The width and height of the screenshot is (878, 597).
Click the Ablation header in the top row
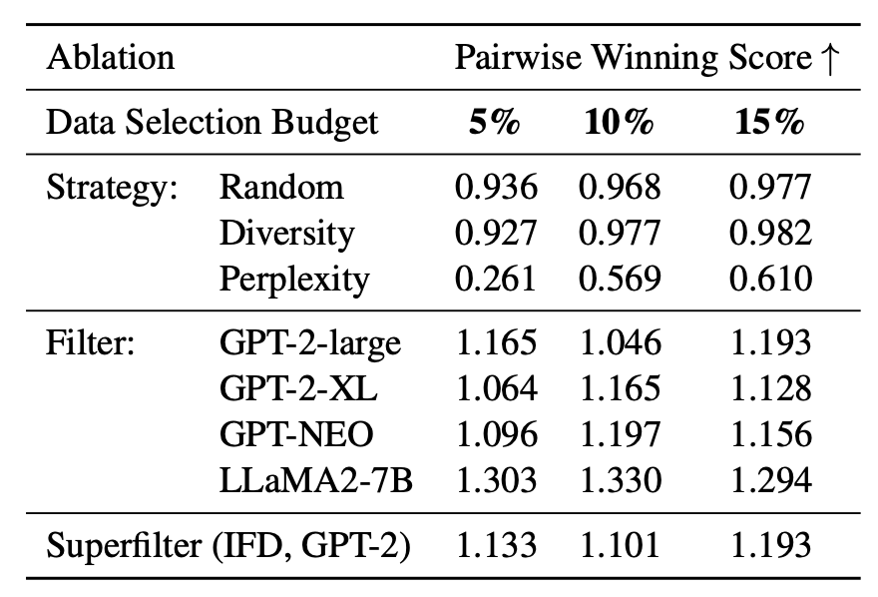coord(110,58)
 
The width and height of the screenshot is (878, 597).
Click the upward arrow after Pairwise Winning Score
coord(828,58)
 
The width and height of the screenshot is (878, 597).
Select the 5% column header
coord(496,123)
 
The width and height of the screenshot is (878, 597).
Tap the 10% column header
coord(619,123)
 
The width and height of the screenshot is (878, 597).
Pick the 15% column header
coord(769,123)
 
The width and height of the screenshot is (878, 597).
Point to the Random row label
coord(281,187)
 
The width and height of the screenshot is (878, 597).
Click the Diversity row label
coord(286,233)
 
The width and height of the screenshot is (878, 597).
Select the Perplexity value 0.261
coord(496,280)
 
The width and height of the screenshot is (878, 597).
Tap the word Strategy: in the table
coord(112,187)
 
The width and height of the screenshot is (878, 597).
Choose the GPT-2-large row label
coord(310,343)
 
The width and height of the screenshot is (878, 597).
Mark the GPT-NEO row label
coord(297,435)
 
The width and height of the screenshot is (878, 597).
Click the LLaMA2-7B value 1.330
coord(619,481)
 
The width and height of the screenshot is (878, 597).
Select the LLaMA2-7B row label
coord(315,481)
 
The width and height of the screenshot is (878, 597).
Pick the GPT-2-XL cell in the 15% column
coord(769,389)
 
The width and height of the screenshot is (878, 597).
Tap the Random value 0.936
coord(496,187)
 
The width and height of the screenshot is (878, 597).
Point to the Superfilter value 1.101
coord(619,546)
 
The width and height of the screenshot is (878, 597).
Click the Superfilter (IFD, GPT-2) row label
coord(228,546)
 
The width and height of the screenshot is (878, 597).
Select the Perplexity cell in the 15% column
coord(769,280)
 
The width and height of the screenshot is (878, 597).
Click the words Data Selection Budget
coord(213,123)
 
